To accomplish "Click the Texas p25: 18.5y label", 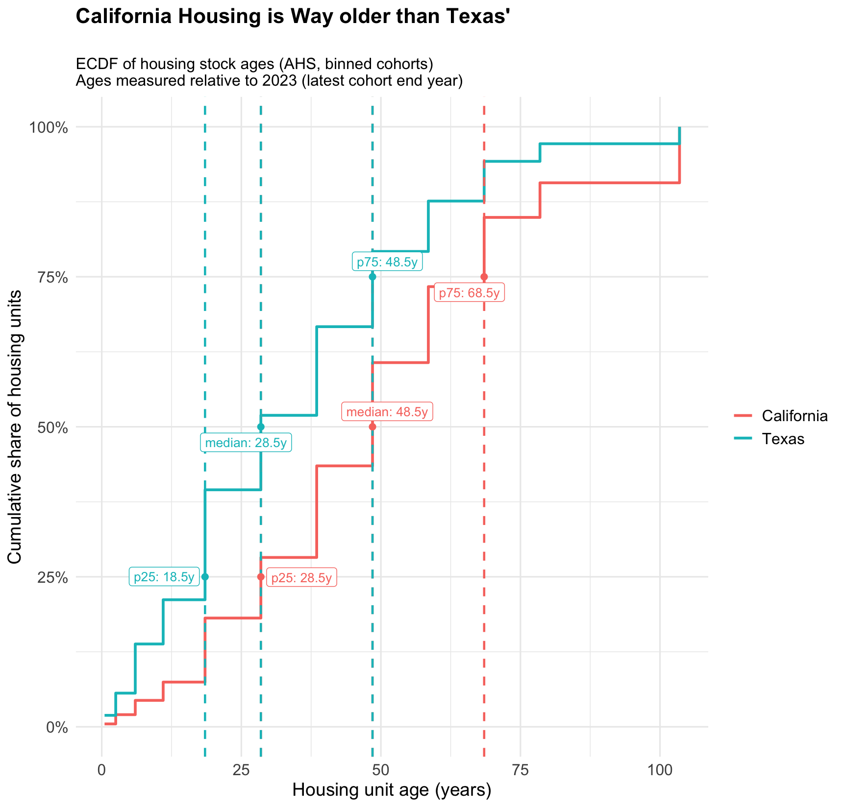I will point(164,577).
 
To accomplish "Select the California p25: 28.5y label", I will point(301,578).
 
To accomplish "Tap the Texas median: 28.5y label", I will point(246,443).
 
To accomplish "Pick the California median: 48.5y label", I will point(387,412).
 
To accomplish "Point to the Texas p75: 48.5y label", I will point(387,262).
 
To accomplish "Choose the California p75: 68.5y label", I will point(469,293).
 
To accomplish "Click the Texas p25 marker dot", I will point(205,577).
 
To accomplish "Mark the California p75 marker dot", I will point(484,277).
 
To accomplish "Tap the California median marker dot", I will point(372,427).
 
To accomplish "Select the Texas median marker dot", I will point(261,427).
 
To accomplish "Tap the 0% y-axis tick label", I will point(56,727).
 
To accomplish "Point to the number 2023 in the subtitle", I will point(280,80).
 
